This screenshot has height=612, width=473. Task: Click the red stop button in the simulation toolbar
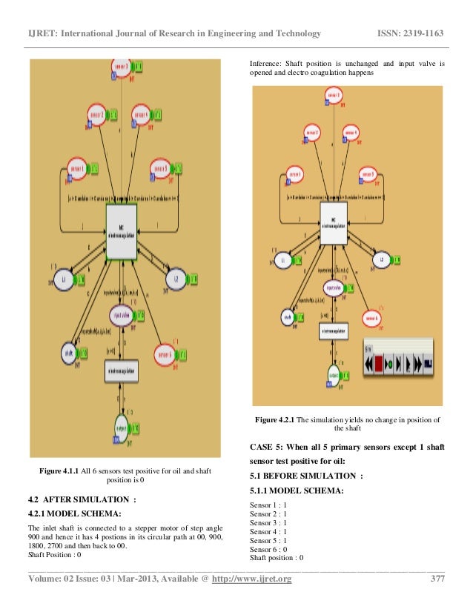[378, 363]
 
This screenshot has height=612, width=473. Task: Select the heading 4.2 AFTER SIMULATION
[82, 499]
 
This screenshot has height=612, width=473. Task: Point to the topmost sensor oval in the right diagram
[334, 96]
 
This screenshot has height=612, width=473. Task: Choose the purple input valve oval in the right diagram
[334, 287]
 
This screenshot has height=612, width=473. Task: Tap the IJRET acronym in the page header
[40, 33]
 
